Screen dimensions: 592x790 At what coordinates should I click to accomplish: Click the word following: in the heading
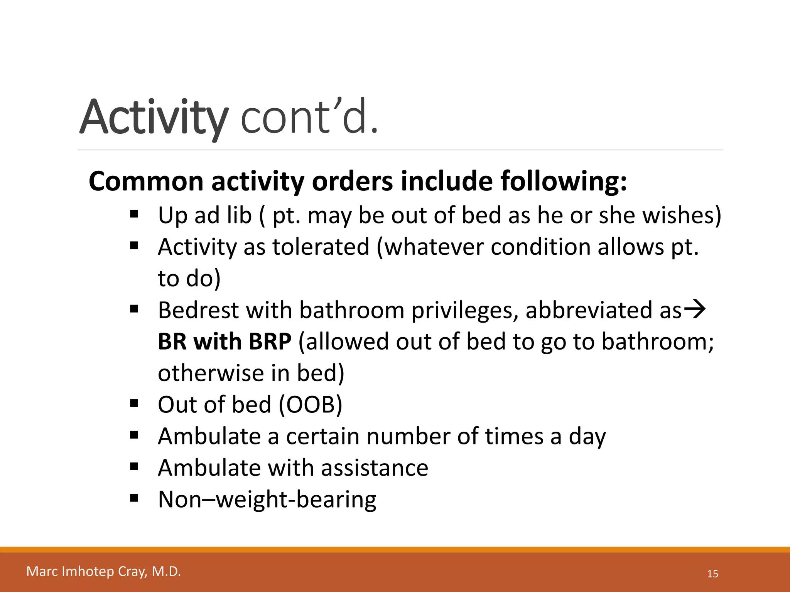coord(564,181)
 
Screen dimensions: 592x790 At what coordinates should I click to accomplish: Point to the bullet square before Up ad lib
coord(134,214)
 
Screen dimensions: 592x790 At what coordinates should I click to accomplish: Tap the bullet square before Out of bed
coord(134,404)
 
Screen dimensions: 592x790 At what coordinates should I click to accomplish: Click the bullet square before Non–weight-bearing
coord(134,498)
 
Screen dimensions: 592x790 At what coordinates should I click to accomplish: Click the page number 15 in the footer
coord(712,574)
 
